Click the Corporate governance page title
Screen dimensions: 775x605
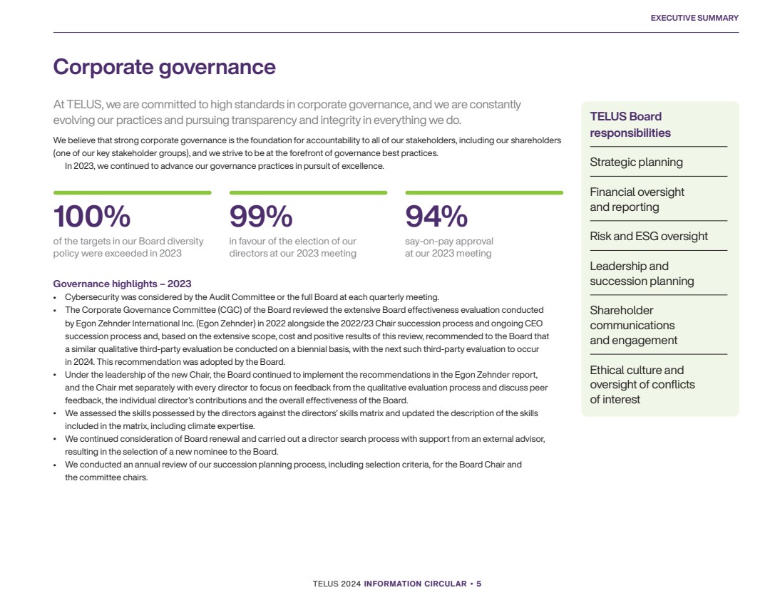pos(164,67)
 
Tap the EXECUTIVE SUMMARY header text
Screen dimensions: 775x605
pos(694,18)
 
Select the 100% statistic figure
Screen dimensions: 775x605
pos(92,217)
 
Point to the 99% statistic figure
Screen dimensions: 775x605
pos(261,217)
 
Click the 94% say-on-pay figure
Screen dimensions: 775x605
pos(436,217)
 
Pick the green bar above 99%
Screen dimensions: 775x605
pos(309,192)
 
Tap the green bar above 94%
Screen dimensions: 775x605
pos(484,192)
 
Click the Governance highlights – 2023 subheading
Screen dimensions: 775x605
pos(122,284)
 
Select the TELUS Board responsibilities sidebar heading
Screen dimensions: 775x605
pos(630,125)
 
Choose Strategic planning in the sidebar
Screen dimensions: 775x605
pos(636,162)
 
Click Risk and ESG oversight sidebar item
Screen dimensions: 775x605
pos(649,237)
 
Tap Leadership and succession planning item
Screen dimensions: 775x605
pos(642,274)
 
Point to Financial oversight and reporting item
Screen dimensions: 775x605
pos(637,200)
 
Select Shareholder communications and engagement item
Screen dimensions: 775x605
pos(633,326)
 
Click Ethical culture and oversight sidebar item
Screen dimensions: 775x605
pos(642,385)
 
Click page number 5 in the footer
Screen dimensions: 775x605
pos(478,584)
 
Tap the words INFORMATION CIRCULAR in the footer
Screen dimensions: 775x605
pos(415,584)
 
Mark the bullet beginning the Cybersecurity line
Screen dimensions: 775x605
pos(55,298)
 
